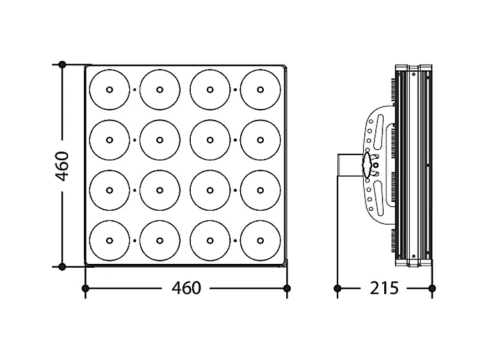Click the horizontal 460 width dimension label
[x=186, y=288]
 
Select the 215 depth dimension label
[x=384, y=288]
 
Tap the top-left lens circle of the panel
[x=110, y=90]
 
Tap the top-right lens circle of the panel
[x=261, y=90]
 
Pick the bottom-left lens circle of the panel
[x=110, y=240]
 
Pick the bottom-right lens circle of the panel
[x=261, y=240]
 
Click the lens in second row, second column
[x=159, y=140]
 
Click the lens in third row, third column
[x=210, y=190]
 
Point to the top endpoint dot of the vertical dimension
[x=62, y=65]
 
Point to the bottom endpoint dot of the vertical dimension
[x=62, y=266]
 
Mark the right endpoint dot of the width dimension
[x=287, y=288]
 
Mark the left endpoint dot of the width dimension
[x=86, y=288]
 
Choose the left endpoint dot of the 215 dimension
[x=338, y=288]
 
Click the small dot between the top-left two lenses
[x=134, y=90]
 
